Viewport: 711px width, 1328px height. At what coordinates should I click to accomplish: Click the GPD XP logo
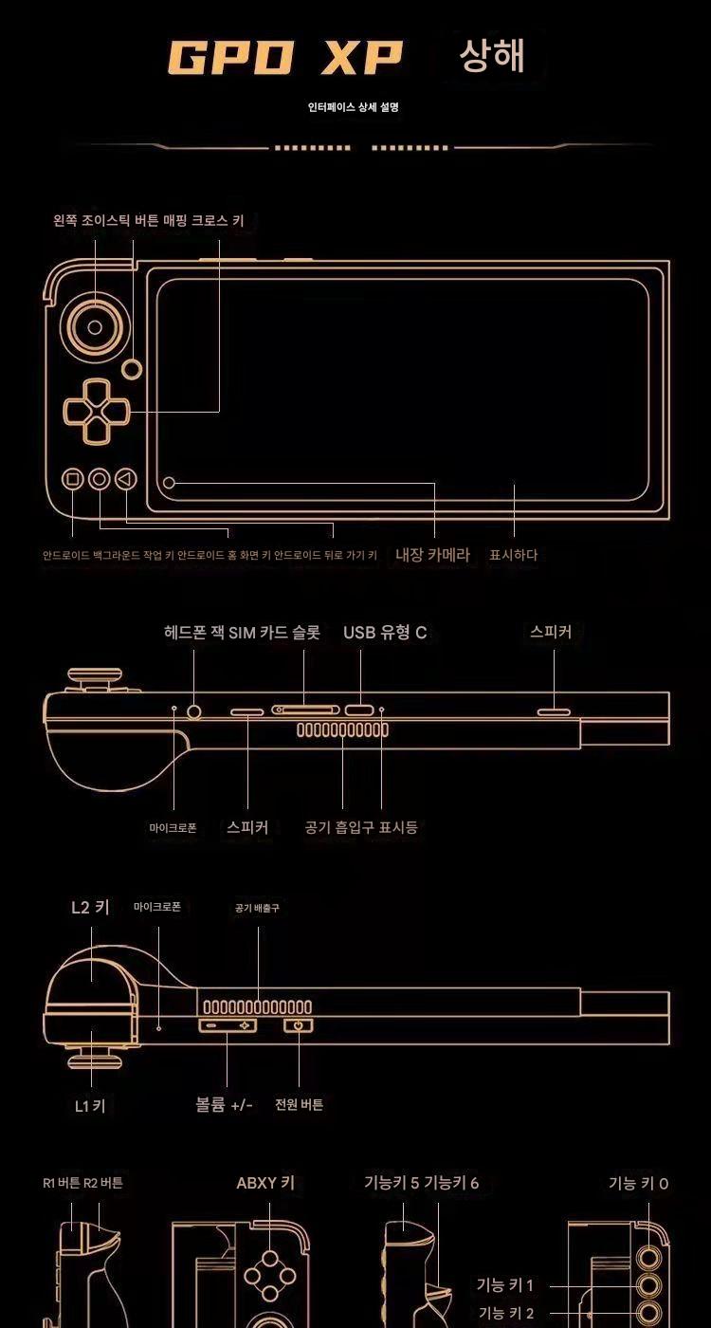285,58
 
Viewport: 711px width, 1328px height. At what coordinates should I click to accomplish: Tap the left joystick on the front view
95,326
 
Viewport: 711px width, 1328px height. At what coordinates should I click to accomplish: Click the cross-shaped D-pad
97,410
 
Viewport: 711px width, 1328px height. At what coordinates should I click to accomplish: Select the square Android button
73,478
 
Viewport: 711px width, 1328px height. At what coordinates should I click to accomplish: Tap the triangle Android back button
125,478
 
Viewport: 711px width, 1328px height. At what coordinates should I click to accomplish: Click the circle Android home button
100,478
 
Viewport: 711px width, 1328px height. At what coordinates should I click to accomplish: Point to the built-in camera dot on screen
169,483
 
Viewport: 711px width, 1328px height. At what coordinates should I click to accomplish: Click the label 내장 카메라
432,555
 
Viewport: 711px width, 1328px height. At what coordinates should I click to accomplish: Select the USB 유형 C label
385,632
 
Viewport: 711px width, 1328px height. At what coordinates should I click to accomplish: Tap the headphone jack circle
193,710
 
